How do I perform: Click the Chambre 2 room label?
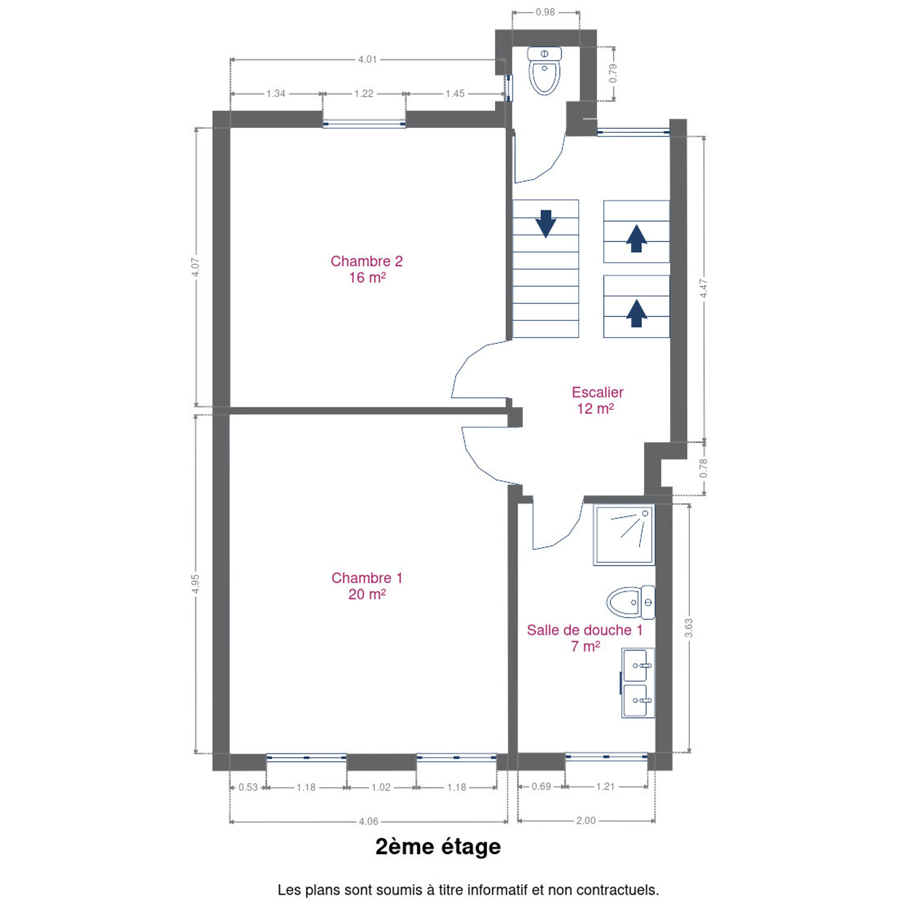point(366,268)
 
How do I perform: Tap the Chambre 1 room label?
point(366,586)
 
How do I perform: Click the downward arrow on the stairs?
point(546,224)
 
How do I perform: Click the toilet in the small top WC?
point(544,71)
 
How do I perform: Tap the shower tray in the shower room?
point(624,535)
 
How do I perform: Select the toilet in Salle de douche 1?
point(631,602)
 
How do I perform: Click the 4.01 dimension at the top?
point(367,59)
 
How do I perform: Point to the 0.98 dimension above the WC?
point(545,12)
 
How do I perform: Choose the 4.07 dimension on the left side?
point(195,267)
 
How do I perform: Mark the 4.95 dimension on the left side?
point(195,584)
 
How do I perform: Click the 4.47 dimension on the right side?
point(704,288)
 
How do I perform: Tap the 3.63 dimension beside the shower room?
point(689,628)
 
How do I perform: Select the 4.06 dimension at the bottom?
point(368,821)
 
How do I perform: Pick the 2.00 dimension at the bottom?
point(586,820)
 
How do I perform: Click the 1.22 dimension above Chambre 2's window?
point(363,93)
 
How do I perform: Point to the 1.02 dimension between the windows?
point(381,787)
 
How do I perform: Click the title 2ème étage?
point(438,847)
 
